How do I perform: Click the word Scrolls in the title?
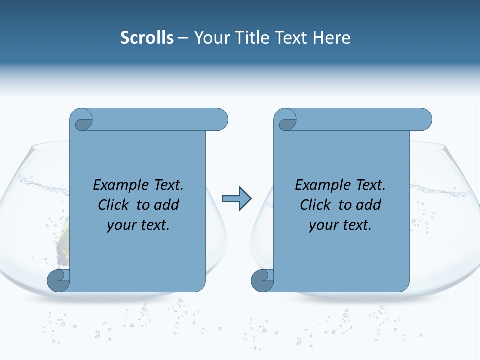pyautogui.click(x=147, y=38)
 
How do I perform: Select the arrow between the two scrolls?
pyautogui.click(x=236, y=199)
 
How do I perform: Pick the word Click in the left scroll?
pyautogui.click(x=114, y=205)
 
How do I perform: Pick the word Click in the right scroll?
pyautogui.click(x=316, y=205)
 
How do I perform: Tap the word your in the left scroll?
pyautogui.click(x=121, y=225)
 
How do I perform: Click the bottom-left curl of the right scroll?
pyautogui.click(x=262, y=281)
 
